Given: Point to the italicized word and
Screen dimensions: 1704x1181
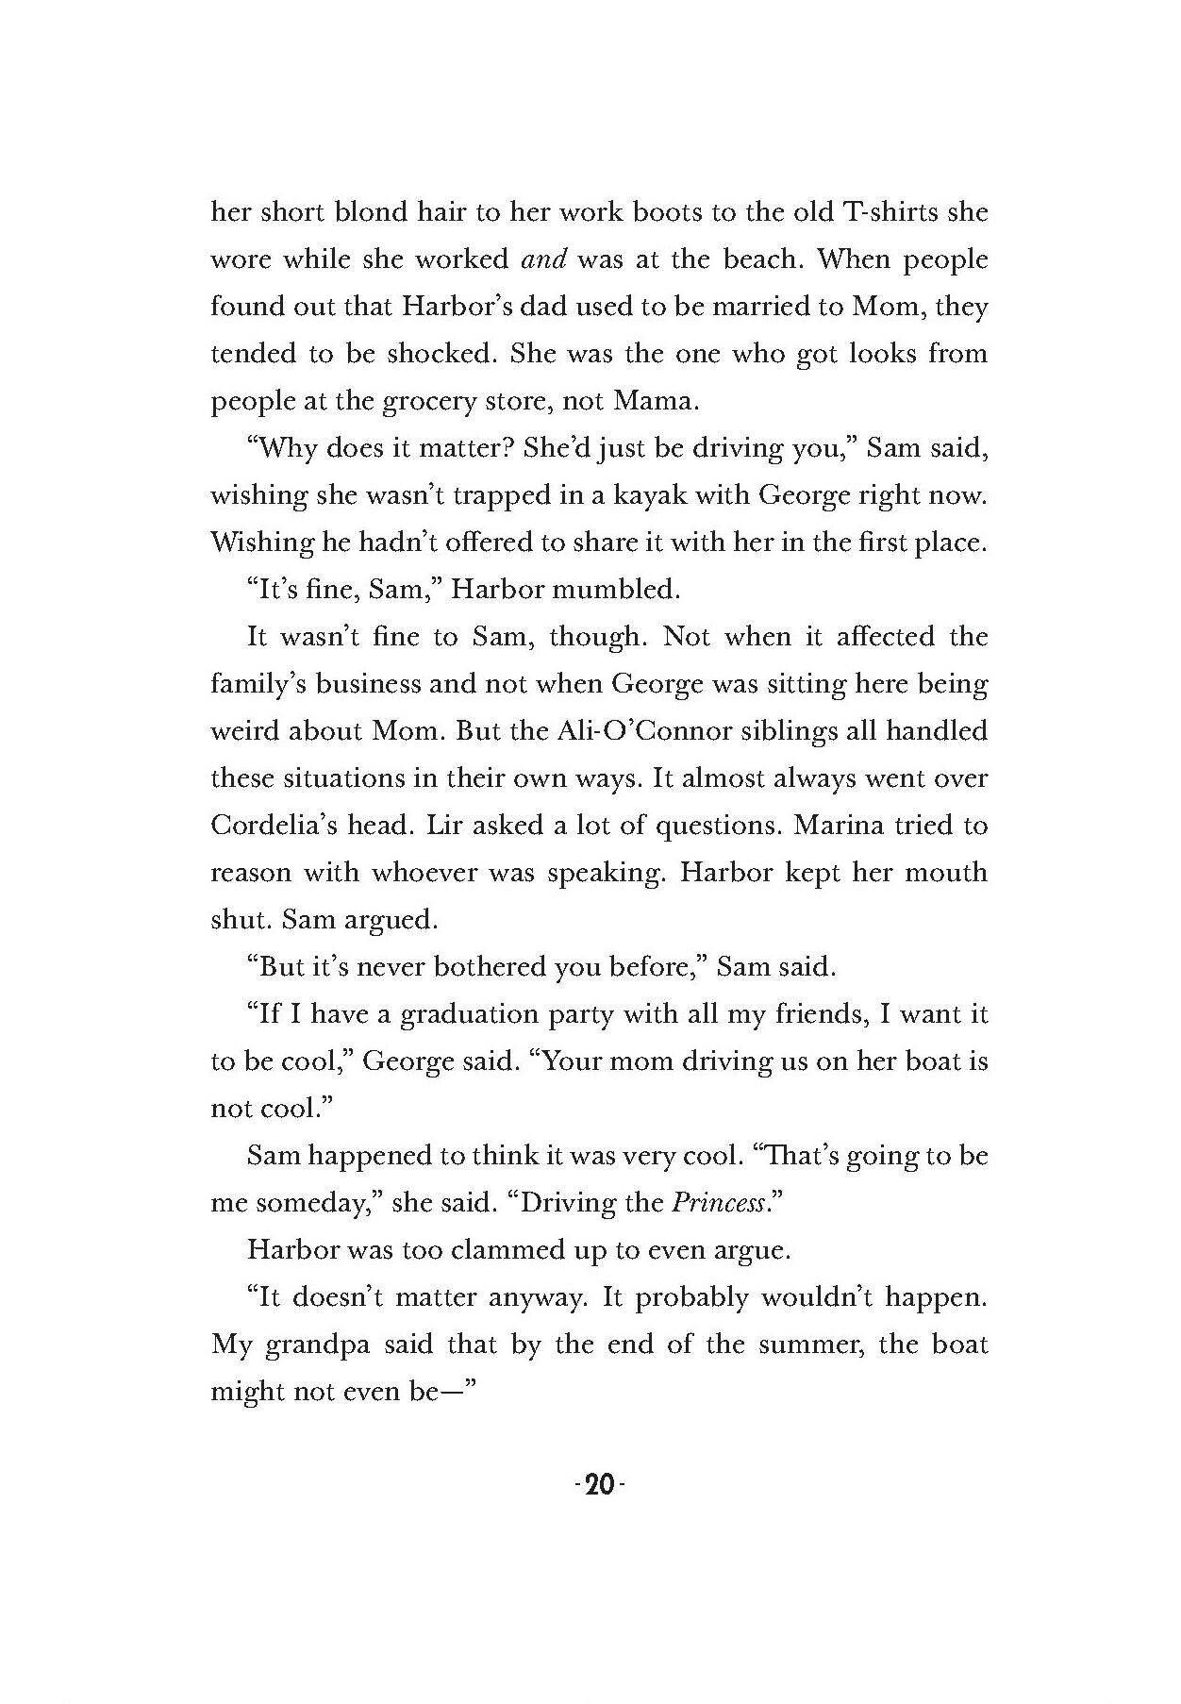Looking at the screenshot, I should [543, 259].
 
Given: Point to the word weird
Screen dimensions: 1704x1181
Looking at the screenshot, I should [244, 731].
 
